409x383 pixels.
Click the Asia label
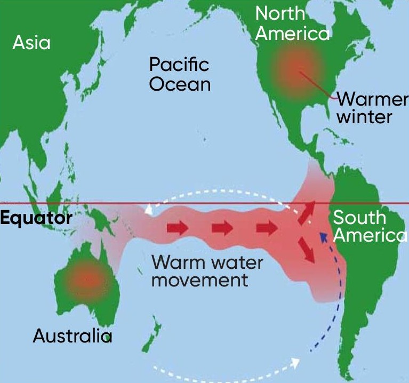(x=31, y=43)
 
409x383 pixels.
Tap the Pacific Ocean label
(x=179, y=75)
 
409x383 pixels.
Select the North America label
(x=292, y=23)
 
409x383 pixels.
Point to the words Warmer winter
(x=372, y=107)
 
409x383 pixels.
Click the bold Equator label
(x=36, y=218)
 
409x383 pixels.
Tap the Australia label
(x=73, y=336)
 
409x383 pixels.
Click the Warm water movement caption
(x=207, y=271)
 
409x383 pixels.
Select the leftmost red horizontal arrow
(x=178, y=229)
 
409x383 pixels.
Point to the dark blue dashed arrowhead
(x=323, y=236)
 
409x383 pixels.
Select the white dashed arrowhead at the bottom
(x=294, y=363)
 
